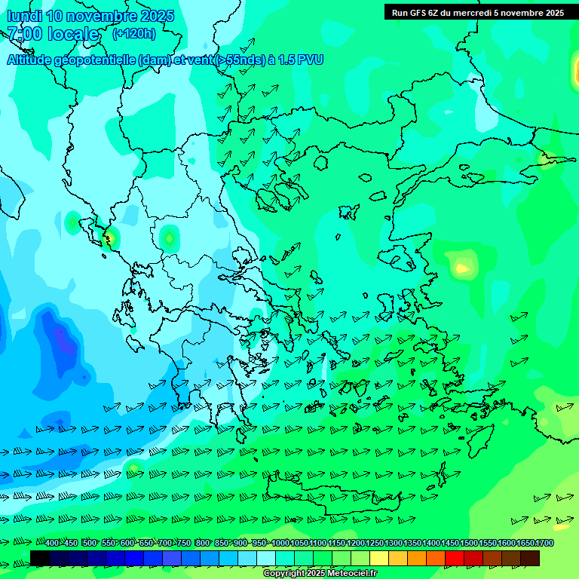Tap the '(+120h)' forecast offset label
pos(134,33)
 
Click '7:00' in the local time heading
pos(23,34)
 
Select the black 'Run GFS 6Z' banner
pos(477,13)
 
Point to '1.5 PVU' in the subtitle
pos(300,60)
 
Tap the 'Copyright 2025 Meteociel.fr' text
pos(320,574)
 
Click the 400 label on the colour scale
pos(52,543)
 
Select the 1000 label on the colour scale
pos(280,543)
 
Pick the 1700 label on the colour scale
pos(544,543)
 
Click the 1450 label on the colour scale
pos(450,543)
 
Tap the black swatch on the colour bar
pos(40,558)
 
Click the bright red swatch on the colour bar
pos(455,558)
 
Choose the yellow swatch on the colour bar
pos(379,558)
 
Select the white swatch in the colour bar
pos(266,558)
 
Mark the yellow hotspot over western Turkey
pos(461,268)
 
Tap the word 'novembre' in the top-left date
pos(106,16)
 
